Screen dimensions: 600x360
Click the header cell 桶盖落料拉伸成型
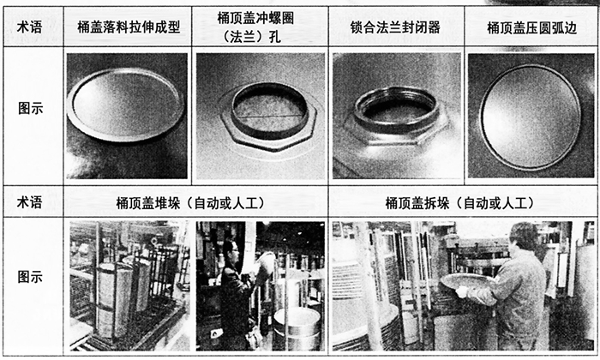tap(129, 27)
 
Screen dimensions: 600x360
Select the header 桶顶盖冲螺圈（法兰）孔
tap(255, 27)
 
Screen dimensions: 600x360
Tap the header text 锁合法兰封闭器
tap(395, 27)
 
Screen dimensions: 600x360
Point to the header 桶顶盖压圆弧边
tap(531, 28)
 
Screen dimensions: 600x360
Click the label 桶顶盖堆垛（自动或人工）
tap(190, 203)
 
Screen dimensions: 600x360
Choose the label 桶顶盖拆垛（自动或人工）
tap(459, 203)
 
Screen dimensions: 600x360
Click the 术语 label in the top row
tap(29, 27)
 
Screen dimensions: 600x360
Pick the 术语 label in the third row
tap(29, 202)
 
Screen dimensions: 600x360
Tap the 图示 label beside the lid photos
tap(31, 109)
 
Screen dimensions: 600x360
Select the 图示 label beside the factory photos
tap(30, 277)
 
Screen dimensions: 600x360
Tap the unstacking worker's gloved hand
tap(462, 292)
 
